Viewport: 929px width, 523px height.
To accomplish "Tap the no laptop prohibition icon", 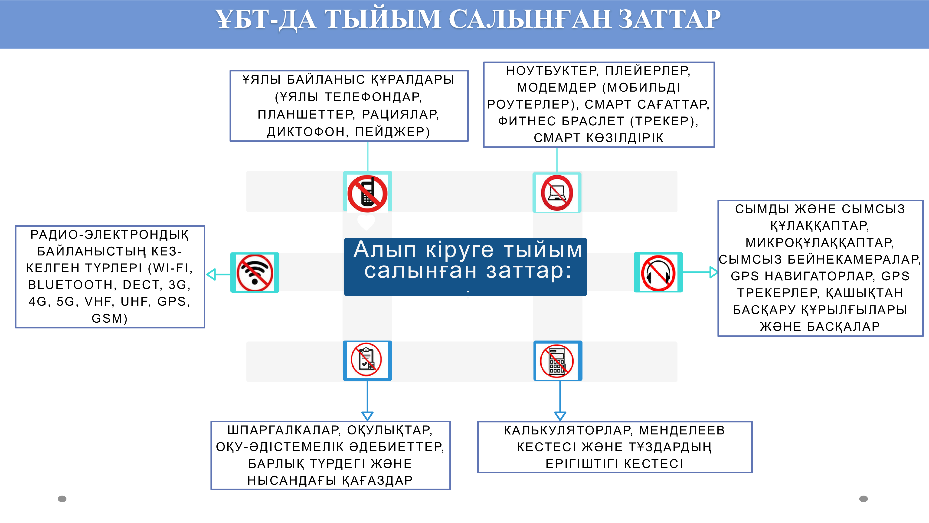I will [557, 193].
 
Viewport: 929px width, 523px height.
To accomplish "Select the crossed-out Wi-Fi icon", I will [255, 272].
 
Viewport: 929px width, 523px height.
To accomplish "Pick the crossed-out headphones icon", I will [658, 272].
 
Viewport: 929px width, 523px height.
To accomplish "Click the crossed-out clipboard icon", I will [366, 360].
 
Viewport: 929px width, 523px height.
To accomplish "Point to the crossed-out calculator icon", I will [557, 361].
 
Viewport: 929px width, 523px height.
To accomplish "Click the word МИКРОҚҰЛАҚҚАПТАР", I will [819, 242].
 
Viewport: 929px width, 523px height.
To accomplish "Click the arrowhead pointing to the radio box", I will [211, 274].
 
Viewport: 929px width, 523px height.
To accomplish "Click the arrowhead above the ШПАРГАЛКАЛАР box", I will [367, 416].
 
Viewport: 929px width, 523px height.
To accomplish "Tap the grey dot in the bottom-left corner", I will [62, 499].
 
